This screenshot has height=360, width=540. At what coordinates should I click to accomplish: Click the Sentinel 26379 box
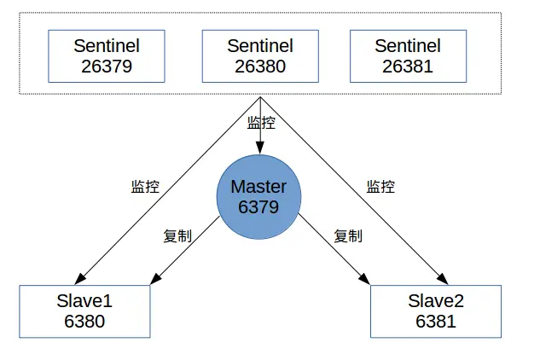[107, 56]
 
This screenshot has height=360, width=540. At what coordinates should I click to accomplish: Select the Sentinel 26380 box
[260, 56]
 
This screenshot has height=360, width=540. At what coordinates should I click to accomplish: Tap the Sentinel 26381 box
[408, 56]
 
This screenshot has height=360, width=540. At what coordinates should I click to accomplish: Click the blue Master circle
[259, 196]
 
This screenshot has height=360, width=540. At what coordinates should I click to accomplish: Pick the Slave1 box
[84, 311]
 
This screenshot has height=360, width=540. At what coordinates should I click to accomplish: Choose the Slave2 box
[436, 311]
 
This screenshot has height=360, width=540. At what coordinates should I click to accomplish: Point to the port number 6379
[259, 206]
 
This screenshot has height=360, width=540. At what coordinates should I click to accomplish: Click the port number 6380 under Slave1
[84, 322]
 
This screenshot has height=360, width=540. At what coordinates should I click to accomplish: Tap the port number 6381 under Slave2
[436, 322]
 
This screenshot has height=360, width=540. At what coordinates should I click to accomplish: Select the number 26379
[107, 67]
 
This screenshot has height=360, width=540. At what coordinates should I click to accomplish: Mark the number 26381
[408, 67]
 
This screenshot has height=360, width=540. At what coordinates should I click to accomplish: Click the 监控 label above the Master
[262, 123]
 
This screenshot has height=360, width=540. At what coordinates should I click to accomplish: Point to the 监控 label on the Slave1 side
[145, 187]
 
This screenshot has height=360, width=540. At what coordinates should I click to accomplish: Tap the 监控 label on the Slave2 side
[380, 187]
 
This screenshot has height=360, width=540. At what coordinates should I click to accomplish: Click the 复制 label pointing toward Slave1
[177, 236]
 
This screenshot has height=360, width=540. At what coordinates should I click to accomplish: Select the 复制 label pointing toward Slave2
[348, 236]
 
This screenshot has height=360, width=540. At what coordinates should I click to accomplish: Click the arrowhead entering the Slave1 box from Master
[155, 280]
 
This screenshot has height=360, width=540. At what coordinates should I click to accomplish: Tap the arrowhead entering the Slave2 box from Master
[365, 280]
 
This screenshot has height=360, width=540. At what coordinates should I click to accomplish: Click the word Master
[259, 187]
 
